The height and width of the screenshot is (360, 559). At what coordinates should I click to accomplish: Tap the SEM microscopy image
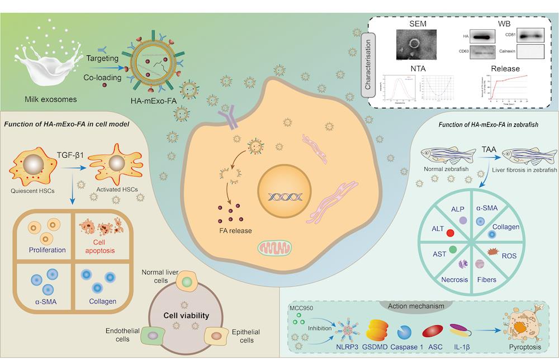pos(414,44)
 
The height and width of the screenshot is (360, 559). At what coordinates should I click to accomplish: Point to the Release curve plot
pos(508,87)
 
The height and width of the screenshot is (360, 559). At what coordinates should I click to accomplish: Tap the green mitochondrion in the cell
pos(274,248)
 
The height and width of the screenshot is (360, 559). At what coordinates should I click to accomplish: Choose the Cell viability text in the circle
pos(186,315)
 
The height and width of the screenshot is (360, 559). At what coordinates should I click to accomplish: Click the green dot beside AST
pos(452,248)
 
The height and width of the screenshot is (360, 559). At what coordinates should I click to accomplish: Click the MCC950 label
pos(300,309)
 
